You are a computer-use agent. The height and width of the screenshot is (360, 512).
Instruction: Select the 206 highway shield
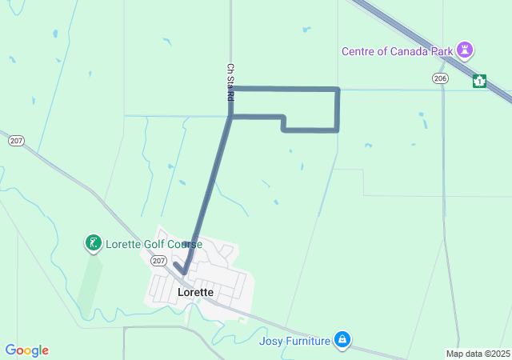click(440, 78)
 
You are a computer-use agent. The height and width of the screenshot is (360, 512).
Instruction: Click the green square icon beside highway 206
click(479, 81)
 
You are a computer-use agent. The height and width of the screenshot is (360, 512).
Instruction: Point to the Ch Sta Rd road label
click(230, 82)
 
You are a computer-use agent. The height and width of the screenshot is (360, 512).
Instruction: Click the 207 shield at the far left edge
click(16, 141)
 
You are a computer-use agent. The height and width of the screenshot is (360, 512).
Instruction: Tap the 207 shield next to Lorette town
click(158, 261)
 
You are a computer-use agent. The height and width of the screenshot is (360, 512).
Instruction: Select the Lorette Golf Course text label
click(154, 244)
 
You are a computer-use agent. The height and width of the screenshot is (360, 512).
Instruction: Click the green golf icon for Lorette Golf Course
click(94, 242)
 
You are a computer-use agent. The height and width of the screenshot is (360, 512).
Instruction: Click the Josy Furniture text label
click(294, 341)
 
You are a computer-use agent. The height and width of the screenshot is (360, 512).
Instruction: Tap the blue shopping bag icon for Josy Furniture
click(342, 340)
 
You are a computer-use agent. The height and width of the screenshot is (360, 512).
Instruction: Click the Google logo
click(26, 350)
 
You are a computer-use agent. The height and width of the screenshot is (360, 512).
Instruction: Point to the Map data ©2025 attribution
click(477, 354)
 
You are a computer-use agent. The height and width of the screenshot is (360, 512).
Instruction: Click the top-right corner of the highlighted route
click(338, 89)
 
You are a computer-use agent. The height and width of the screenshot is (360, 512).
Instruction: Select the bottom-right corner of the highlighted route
click(338, 130)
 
